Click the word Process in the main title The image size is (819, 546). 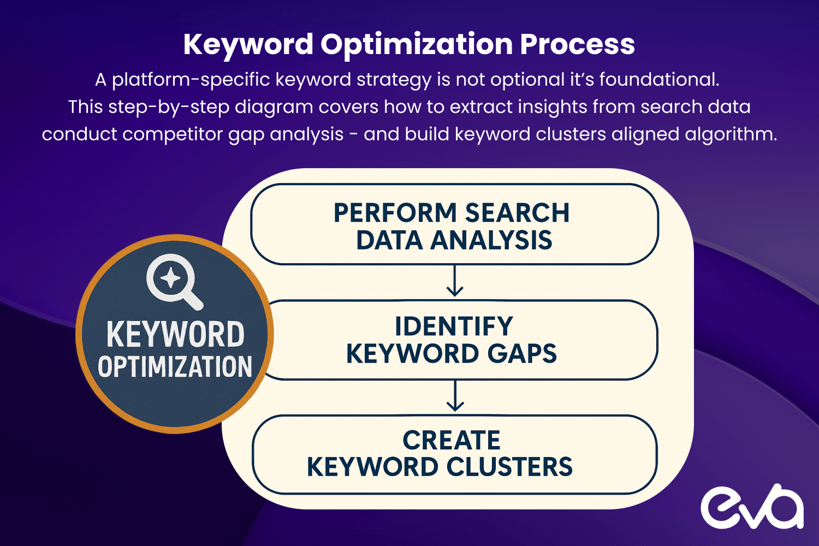(577, 44)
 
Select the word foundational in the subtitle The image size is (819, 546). (659, 80)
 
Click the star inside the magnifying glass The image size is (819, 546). (170, 278)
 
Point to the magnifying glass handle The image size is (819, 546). (192, 299)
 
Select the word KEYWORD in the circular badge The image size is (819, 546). (175, 334)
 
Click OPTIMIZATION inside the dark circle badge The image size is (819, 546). (175, 367)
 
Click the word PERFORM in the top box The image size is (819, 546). (395, 213)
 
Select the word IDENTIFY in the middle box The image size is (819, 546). (454, 327)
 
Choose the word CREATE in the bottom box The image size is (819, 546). (452, 440)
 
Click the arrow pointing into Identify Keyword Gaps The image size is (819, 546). (455, 282)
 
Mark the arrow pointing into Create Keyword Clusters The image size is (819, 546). (455, 396)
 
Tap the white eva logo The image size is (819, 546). (752, 507)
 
